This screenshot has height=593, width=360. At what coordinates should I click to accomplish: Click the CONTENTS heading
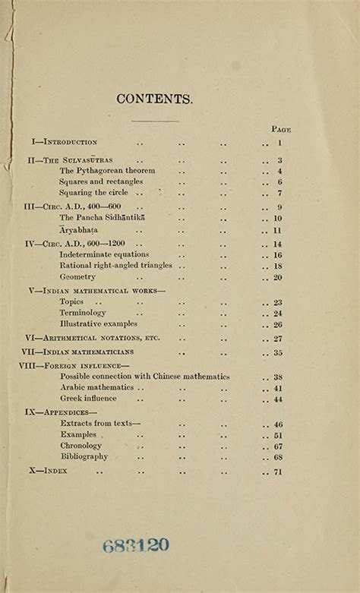click(x=155, y=99)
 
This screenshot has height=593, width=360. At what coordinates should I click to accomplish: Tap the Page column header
click(x=281, y=129)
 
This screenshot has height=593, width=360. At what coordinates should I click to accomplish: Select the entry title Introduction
click(x=70, y=142)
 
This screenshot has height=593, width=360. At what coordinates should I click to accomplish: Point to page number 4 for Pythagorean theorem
click(x=279, y=172)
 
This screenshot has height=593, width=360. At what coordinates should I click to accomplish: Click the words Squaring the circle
click(x=93, y=193)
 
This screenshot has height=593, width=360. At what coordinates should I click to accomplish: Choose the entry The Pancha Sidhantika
click(x=102, y=218)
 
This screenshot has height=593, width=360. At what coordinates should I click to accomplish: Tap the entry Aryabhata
click(x=78, y=230)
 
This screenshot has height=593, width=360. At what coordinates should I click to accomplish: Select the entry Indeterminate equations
click(x=104, y=255)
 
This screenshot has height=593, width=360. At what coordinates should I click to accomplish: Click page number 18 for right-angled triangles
click(x=278, y=267)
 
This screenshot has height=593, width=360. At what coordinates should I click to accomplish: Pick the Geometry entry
click(x=77, y=277)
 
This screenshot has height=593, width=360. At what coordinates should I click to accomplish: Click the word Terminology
click(x=83, y=313)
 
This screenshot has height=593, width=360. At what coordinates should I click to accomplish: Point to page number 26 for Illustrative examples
click(x=278, y=324)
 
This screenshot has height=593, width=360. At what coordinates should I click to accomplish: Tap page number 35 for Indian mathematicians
click(x=278, y=353)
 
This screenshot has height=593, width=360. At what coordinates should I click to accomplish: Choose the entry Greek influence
click(x=88, y=399)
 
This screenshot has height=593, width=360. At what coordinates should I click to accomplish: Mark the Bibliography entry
click(x=84, y=457)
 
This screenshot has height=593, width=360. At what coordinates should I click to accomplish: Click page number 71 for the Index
click(x=278, y=472)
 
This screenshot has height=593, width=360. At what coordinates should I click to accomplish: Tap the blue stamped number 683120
click(x=136, y=544)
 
